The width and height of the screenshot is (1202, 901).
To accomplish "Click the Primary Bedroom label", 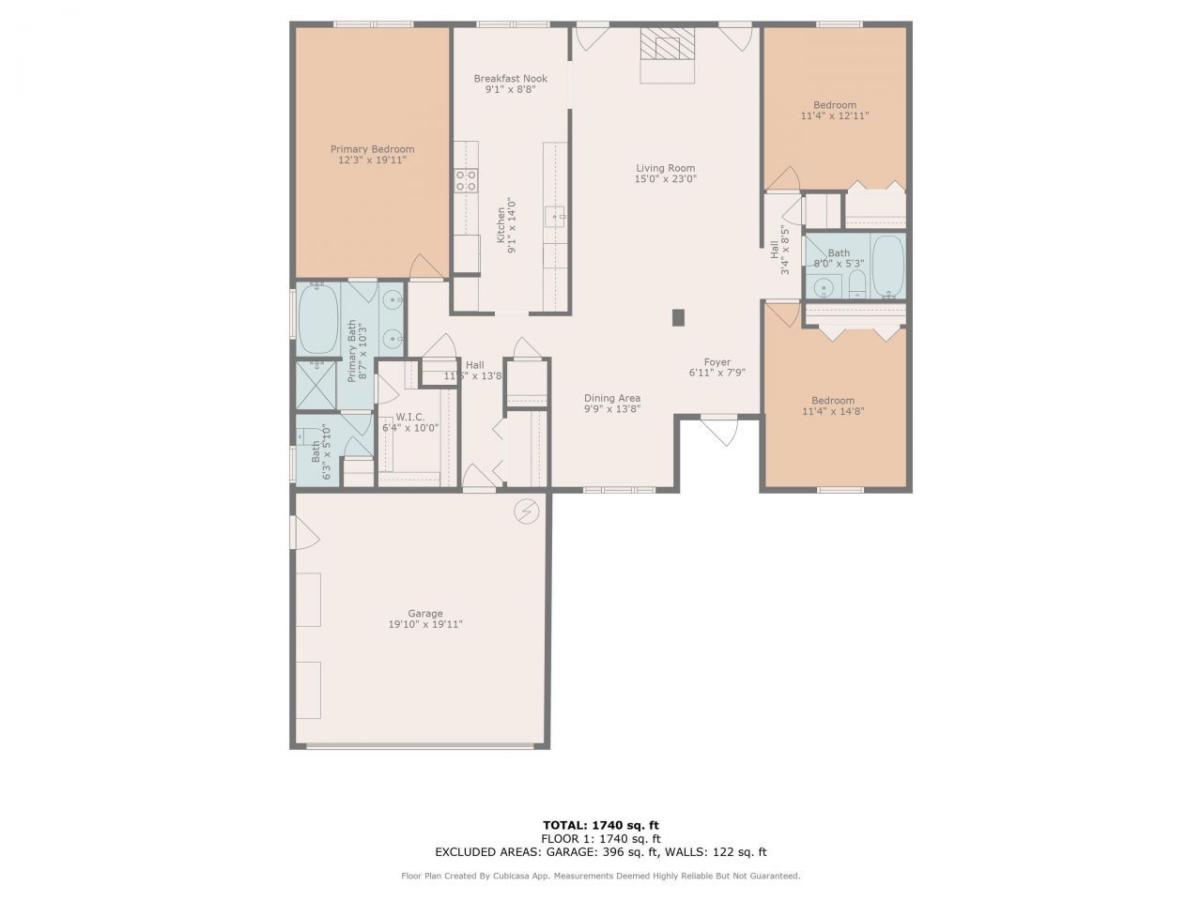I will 372,149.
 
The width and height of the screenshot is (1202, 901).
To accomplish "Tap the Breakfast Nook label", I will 510,79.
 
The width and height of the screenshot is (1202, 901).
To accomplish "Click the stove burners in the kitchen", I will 466,180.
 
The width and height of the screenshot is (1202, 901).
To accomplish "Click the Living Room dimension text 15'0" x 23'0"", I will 665,179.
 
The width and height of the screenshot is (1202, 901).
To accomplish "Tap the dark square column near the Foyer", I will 678,318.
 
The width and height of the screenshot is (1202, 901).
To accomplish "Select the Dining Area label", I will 612,398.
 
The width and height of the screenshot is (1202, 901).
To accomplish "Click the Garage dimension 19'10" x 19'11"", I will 425,624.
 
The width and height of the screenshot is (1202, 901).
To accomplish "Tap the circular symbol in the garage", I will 526,512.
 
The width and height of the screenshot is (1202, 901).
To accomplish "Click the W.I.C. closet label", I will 409,417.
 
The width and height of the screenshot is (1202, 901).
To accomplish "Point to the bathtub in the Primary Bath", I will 317,319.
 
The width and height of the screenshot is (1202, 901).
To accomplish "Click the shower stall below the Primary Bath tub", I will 316,386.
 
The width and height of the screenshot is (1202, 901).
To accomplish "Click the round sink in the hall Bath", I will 824,287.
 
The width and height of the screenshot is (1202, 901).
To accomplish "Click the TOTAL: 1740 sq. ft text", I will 601,825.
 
